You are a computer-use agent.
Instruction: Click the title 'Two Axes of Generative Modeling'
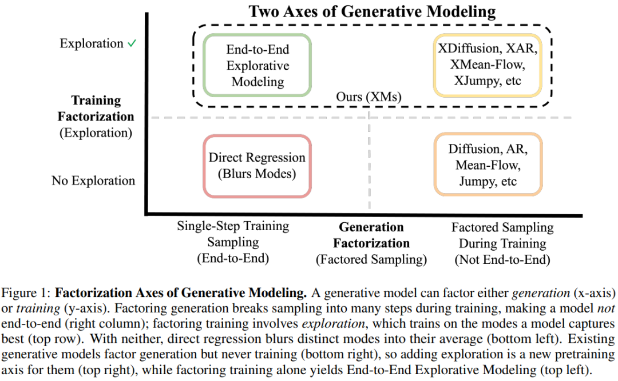(x=372, y=11)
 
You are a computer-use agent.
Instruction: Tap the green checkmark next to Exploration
(x=132, y=43)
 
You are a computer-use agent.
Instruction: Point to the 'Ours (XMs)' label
(x=369, y=97)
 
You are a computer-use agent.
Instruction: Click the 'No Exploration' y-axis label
(x=93, y=181)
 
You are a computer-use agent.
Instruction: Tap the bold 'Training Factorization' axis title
(x=96, y=108)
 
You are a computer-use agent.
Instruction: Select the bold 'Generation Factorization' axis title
(x=371, y=235)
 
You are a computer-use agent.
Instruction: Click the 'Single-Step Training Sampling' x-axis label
(x=233, y=234)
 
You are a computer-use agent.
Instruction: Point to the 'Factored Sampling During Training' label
(x=502, y=235)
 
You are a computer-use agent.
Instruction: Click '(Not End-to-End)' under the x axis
(x=502, y=259)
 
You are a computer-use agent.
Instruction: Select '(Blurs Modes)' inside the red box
(x=257, y=174)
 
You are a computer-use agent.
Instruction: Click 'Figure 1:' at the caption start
(x=26, y=293)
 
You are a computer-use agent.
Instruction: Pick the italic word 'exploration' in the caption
(x=334, y=323)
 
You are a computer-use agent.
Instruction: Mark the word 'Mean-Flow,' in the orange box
(x=488, y=165)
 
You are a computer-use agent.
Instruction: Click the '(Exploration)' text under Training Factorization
(x=96, y=133)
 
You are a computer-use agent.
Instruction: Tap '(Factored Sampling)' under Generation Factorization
(x=371, y=259)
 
